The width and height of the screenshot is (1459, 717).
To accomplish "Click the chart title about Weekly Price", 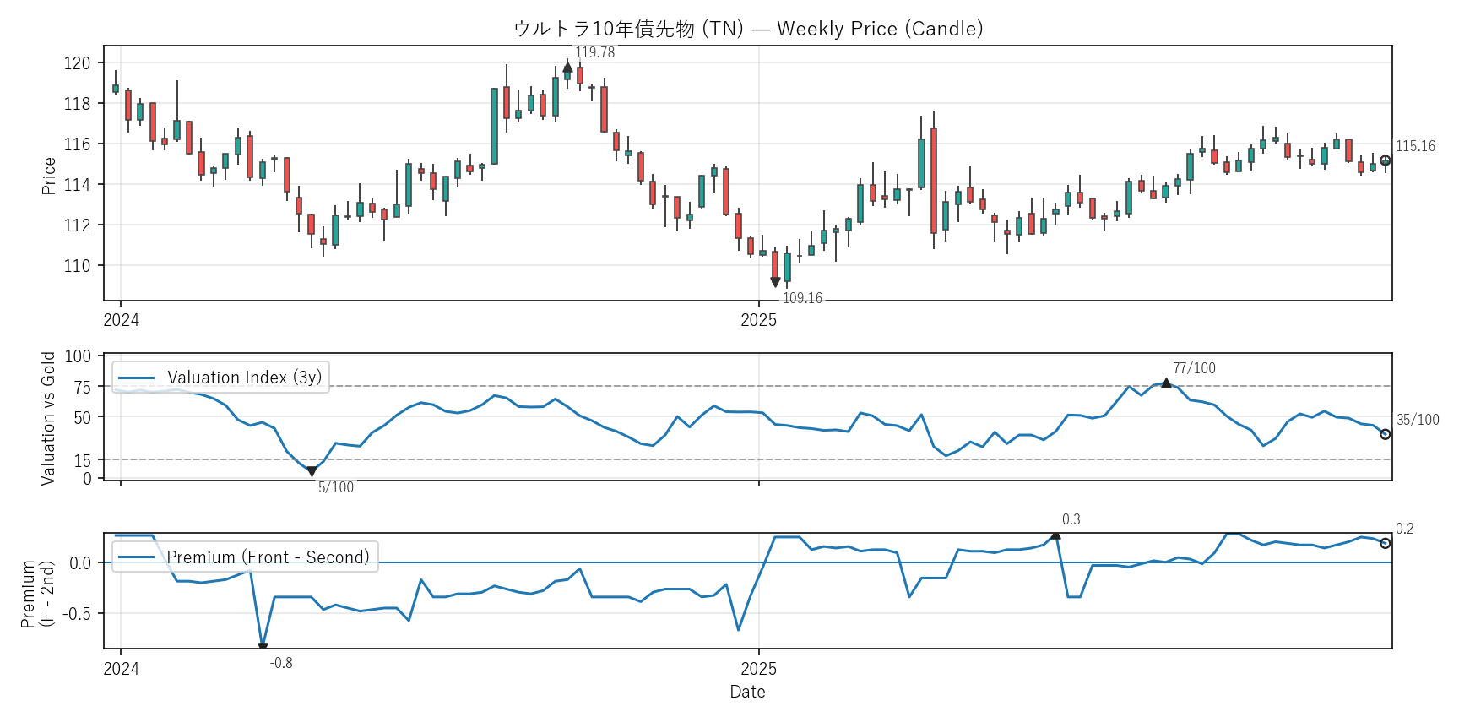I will (748, 29).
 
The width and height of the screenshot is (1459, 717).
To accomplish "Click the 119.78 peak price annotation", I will (594, 52).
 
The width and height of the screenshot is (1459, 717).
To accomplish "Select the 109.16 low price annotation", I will (802, 298).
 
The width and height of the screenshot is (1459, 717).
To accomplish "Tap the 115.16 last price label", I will (1415, 146).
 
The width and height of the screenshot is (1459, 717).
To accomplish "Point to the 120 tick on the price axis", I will (78, 63).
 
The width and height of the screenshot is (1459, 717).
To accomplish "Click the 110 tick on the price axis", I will (78, 266).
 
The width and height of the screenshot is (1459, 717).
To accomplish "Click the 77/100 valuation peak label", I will (1194, 368).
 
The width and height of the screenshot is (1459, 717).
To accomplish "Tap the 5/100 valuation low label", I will (336, 487).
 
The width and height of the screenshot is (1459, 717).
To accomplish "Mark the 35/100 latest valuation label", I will (1418, 420).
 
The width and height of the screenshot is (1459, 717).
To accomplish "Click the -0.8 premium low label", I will (281, 663).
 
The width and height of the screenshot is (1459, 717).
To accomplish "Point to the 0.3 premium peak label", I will (1071, 519).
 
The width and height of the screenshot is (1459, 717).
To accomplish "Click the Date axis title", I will (747, 692).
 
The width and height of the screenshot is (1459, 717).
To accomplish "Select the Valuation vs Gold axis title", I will (48, 418).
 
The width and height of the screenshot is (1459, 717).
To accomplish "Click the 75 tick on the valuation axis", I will (83, 387).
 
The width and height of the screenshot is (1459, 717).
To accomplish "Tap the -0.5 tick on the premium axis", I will (79, 614).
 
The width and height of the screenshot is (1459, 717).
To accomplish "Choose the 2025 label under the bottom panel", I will (758, 669).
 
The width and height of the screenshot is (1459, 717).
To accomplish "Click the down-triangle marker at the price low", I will (775, 282).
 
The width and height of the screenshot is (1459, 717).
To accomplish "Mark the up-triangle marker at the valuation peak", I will (1166, 383).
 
